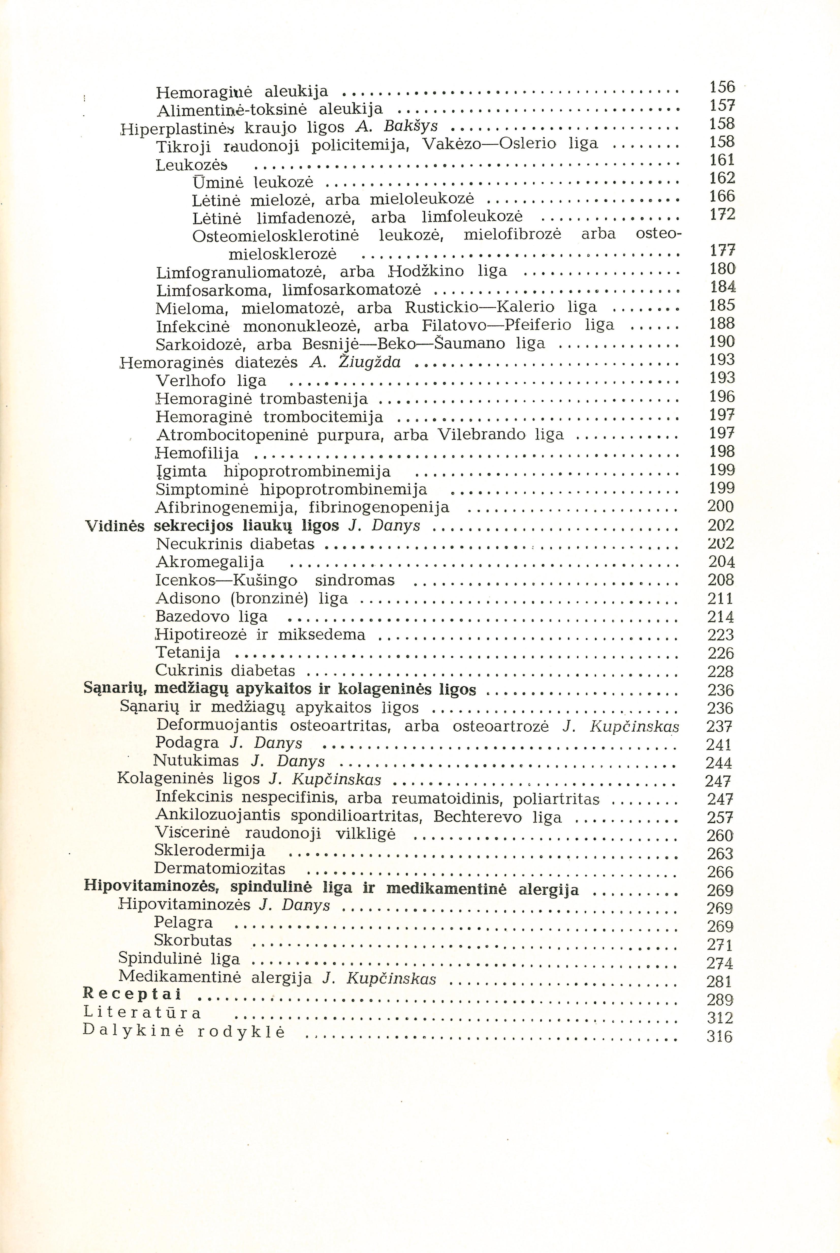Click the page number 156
tap(722, 87)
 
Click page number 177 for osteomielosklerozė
tap(722, 251)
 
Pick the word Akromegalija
tap(210, 562)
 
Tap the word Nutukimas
tap(196, 761)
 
